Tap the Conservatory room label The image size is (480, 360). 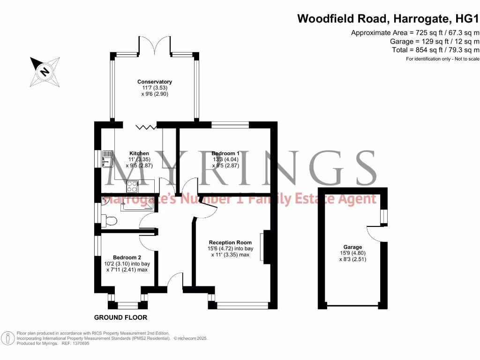coord(155,82)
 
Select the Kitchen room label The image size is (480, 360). coord(139,153)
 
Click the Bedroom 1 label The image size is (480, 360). coord(225,153)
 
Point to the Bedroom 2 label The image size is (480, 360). coord(127,257)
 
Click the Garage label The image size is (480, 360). coord(352,247)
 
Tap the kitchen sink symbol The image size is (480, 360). coord(107,158)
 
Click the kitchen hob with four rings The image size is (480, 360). coord(132,187)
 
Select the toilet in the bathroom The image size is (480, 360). coord(110,220)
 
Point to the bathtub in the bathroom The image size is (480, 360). coord(137,204)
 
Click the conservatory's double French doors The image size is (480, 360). coord(155,45)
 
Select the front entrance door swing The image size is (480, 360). coord(175,281)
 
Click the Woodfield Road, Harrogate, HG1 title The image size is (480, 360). coord(389,19)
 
